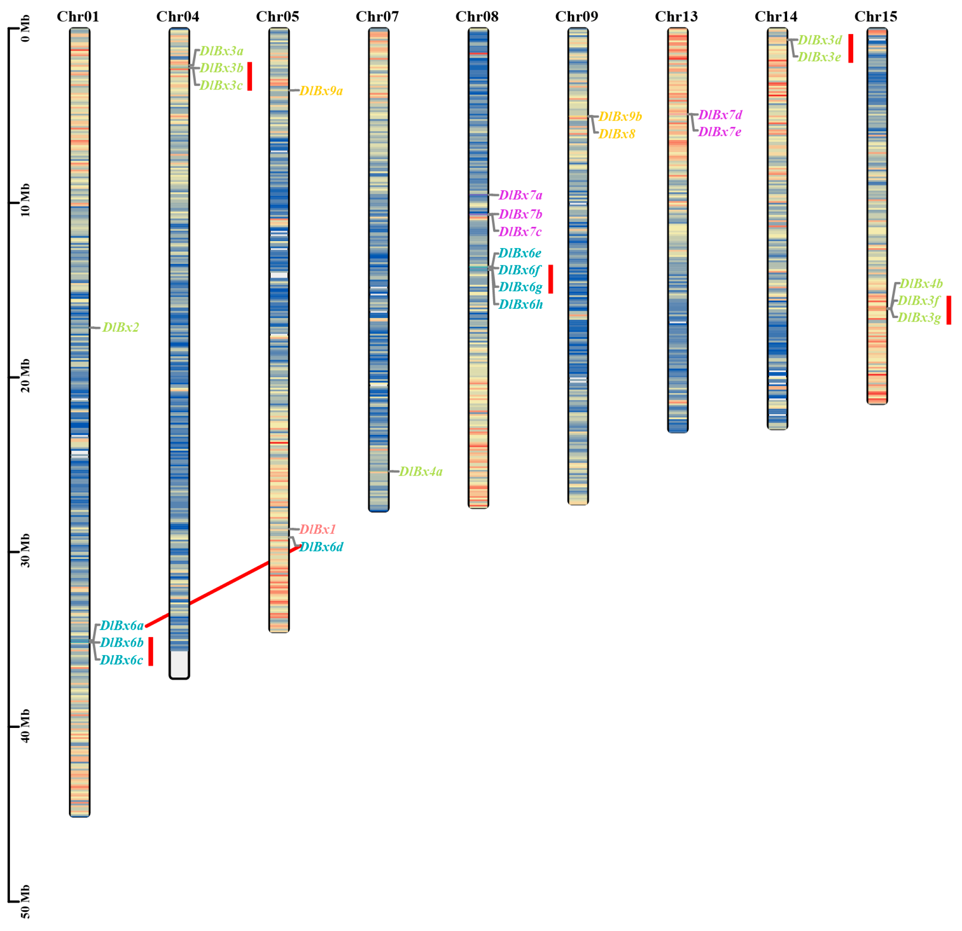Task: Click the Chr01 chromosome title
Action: pos(78,17)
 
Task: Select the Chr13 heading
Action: pos(676,17)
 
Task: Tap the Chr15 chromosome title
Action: pos(876,17)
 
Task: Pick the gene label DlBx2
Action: pos(121,327)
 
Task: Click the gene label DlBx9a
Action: pos(321,91)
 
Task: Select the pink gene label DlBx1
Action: pos(318,529)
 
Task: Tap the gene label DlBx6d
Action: pos(321,547)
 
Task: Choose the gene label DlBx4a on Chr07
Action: pos(421,472)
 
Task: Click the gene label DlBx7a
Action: pos(520,195)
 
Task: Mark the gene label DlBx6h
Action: pos(521,305)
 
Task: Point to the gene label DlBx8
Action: pos(616,134)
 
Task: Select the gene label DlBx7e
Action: pos(720,132)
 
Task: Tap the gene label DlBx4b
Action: pos(921,284)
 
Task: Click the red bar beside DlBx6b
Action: pos(151,651)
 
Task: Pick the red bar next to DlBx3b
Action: pos(250,77)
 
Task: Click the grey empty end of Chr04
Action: pos(179,664)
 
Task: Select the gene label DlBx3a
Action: pos(222,51)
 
